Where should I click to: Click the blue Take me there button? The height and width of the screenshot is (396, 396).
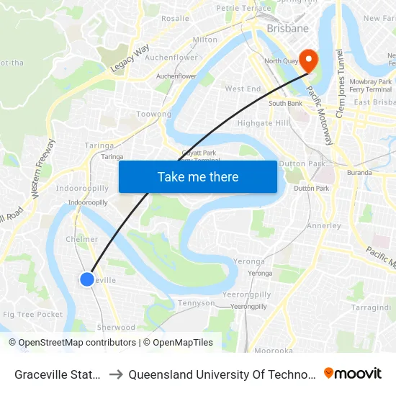pos(198,176)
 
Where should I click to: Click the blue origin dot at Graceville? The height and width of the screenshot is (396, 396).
pos(86,279)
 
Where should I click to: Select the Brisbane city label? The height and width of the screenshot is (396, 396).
pos(287,29)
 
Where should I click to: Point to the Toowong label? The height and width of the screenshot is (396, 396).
pos(153,114)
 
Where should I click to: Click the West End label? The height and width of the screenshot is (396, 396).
pos(243,89)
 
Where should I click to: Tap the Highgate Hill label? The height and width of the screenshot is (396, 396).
pos(263,123)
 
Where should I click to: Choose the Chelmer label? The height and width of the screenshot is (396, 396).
pos(81,239)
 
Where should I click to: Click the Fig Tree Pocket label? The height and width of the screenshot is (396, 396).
pos(32,315)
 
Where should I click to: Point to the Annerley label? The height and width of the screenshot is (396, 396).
pos(324,225)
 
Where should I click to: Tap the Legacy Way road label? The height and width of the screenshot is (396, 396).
pos(130,58)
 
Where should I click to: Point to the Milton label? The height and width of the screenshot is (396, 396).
pos(205,40)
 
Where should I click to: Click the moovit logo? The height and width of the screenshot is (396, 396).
pos(352,373)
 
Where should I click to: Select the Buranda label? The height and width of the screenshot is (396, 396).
pos(359,173)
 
